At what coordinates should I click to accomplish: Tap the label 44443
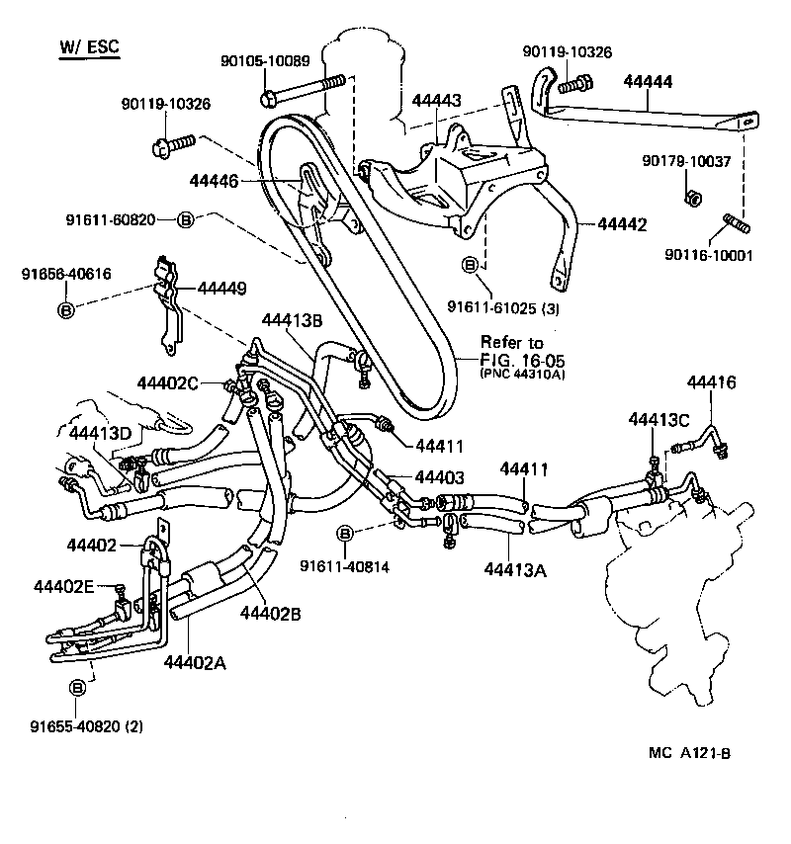click(436, 100)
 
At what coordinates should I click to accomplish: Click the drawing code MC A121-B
click(689, 779)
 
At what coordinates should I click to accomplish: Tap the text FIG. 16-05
click(514, 359)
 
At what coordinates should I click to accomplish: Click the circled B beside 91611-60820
click(185, 219)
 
